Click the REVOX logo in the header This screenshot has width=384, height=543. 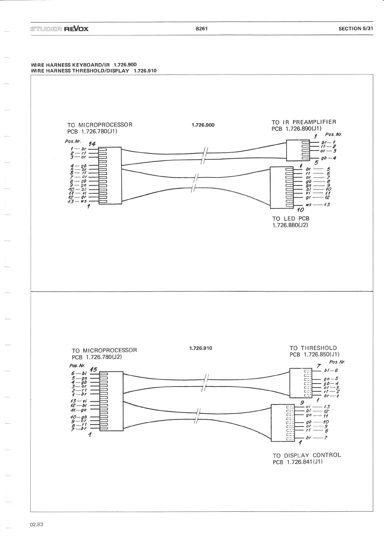[x=76, y=29]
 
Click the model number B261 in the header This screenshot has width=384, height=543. [x=201, y=28]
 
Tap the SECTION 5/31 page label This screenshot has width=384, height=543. [x=356, y=28]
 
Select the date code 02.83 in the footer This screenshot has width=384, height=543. [x=36, y=524]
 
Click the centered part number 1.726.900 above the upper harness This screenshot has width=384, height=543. [x=203, y=125]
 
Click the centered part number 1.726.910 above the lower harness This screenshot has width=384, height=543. [x=201, y=348]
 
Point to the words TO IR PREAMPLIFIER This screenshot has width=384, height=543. [x=304, y=122]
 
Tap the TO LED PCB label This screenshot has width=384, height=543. [x=290, y=218]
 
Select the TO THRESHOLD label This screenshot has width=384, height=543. [x=313, y=348]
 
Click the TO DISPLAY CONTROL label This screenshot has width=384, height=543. [x=307, y=455]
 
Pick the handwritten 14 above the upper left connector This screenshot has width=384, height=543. [x=92, y=144]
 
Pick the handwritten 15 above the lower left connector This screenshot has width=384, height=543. [x=94, y=369]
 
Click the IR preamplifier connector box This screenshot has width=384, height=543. [x=298, y=150]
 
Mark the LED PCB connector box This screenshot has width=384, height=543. [x=281, y=187]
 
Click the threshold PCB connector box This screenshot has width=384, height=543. [x=301, y=383]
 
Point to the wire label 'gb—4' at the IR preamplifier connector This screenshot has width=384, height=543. [x=329, y=158]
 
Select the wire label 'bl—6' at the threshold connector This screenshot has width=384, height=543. [x=331, y=371]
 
